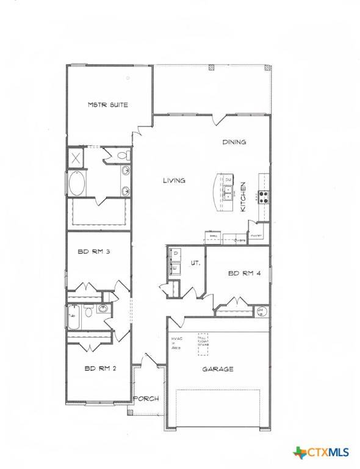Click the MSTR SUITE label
tap(107, 105)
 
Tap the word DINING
tap(234, 142)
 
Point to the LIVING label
tap(174, 180)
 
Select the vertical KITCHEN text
tap(243, 197)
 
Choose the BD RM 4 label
tap(245, 273)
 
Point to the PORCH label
tap(146, 399)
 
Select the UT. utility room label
tap(196, 263)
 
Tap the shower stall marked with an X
tap(77, 158)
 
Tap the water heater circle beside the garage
tap(262, 312)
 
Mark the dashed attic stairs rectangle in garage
tap(203, 340)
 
